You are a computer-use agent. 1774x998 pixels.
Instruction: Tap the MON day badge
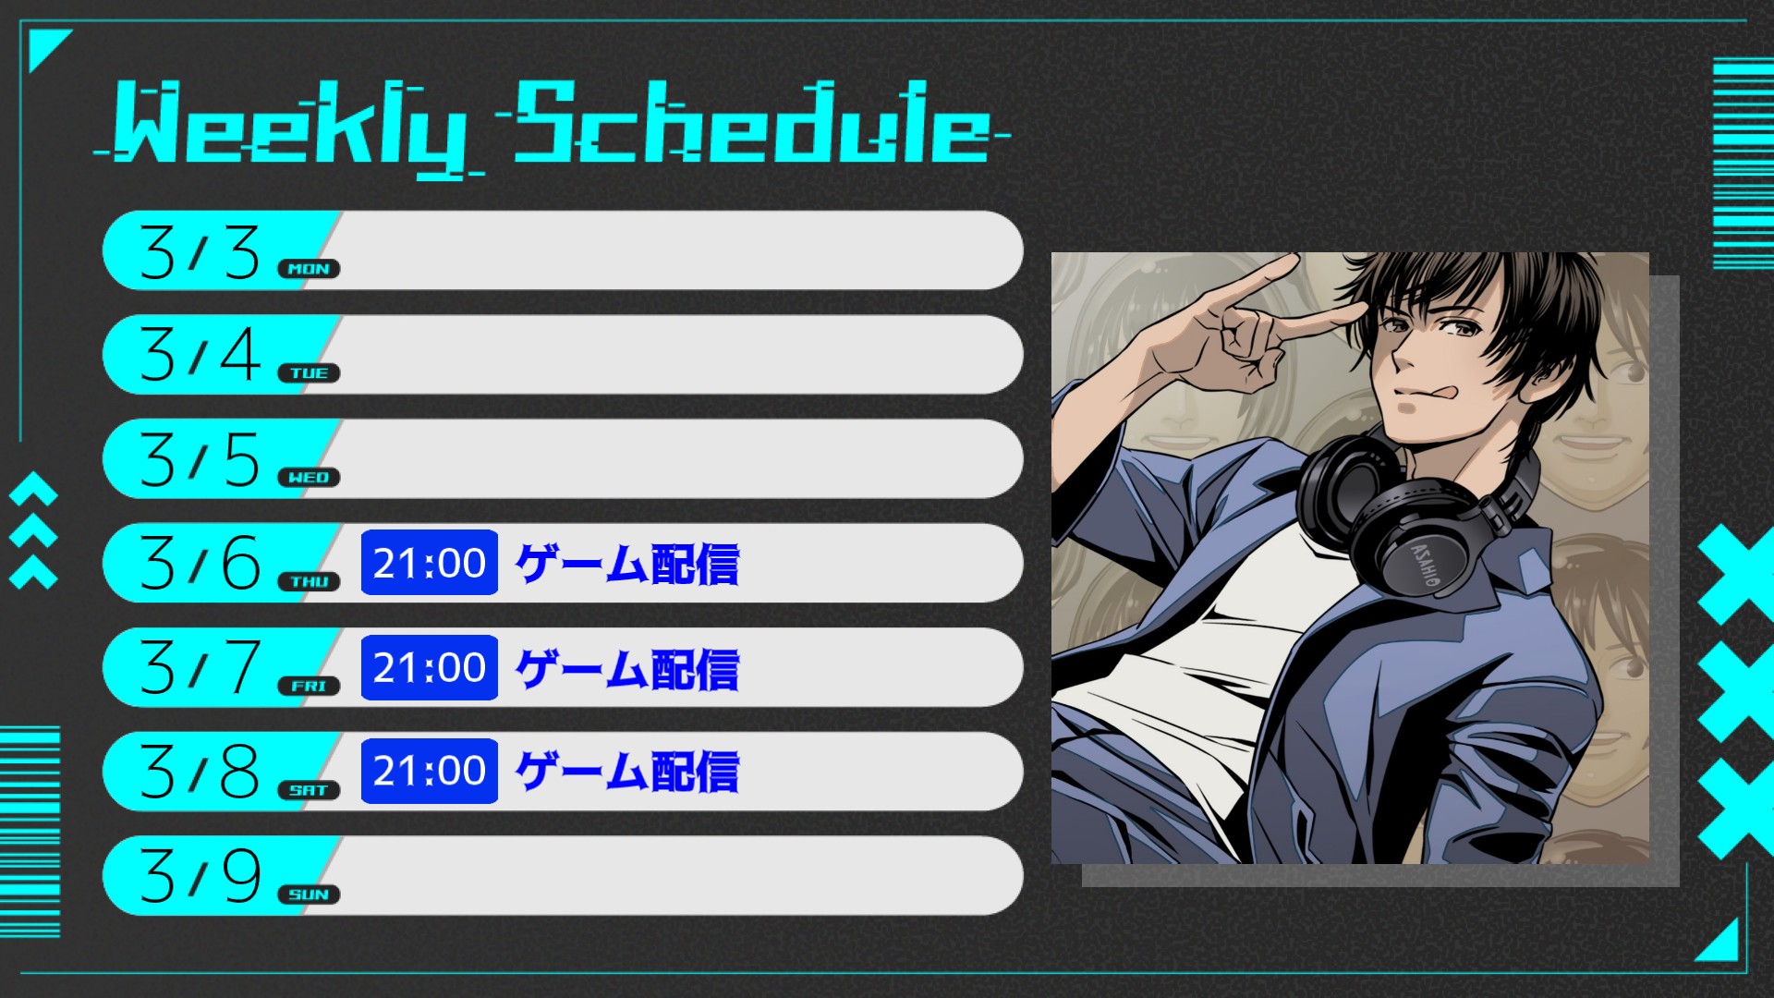309,269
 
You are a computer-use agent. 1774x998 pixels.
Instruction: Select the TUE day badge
309,373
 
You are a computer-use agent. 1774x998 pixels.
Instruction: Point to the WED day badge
309,478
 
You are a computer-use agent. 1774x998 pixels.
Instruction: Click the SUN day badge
309,895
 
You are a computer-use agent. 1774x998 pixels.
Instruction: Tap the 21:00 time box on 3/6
430,563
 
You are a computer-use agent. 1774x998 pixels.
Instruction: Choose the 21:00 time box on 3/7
430,667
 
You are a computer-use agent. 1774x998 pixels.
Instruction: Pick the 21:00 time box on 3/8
430,771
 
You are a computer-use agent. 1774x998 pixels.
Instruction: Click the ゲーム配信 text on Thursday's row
627,564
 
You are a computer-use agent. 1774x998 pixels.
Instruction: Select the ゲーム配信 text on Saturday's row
627,772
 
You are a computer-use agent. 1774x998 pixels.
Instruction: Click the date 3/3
200,251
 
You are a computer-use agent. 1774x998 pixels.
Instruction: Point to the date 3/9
200,876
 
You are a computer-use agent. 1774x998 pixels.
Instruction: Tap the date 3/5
200,459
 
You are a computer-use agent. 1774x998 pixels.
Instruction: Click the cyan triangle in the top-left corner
45,48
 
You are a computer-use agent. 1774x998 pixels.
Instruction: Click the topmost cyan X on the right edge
1737,573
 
